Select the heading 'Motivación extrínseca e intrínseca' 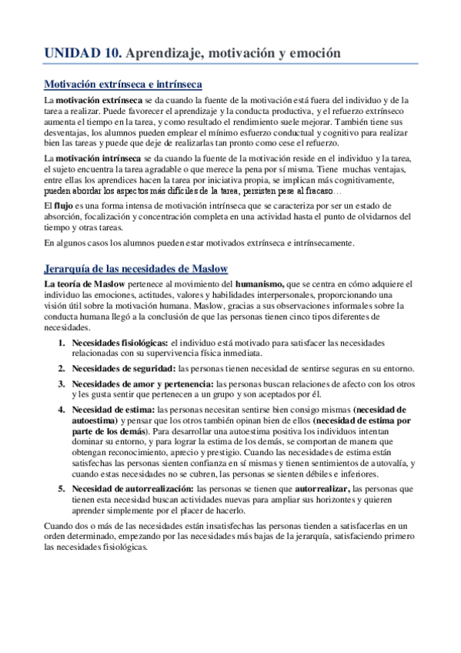click(122, 84)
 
